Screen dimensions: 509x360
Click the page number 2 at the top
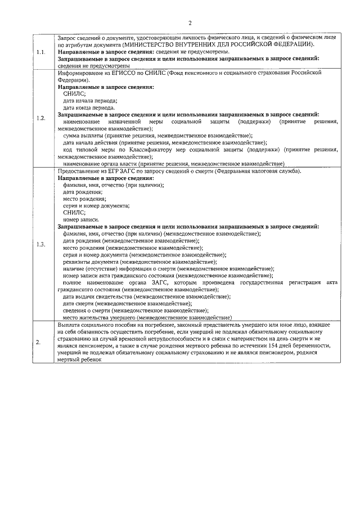[x=190, y=23]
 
